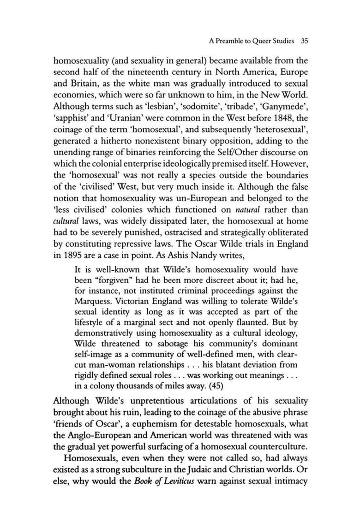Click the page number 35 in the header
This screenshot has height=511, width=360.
[x=304, y=41]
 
